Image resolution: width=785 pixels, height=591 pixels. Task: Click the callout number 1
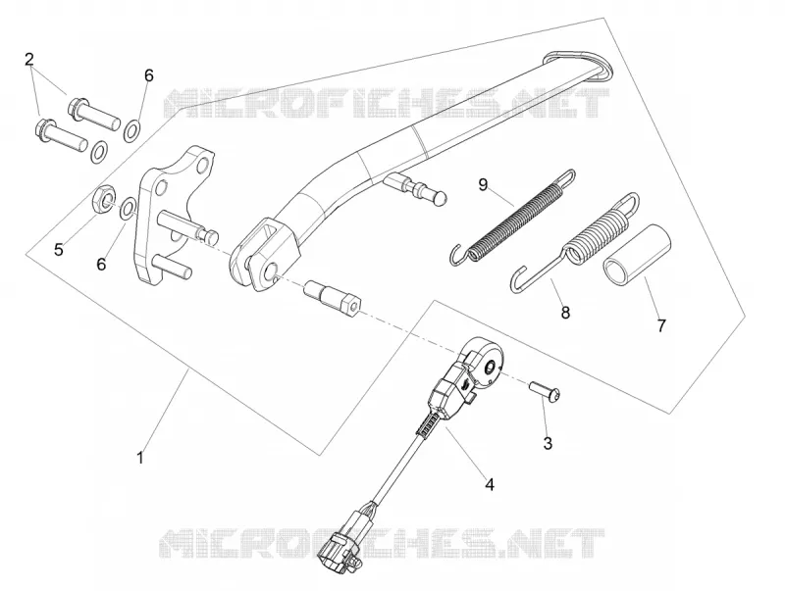140,457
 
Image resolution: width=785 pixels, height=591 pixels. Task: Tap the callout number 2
29,60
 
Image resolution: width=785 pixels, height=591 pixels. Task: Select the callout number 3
548,443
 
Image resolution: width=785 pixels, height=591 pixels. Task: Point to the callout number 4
490,484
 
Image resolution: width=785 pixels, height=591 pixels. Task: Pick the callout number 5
59,250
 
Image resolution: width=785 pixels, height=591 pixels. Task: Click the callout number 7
661,326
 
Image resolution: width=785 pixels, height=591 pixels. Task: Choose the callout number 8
565,313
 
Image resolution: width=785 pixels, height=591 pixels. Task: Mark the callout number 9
483,185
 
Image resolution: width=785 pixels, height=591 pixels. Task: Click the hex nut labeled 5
106,199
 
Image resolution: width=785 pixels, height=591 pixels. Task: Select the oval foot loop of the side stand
577,65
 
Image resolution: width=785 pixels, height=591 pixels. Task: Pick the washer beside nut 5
128,208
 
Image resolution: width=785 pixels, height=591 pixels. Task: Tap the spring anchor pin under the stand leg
415,188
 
